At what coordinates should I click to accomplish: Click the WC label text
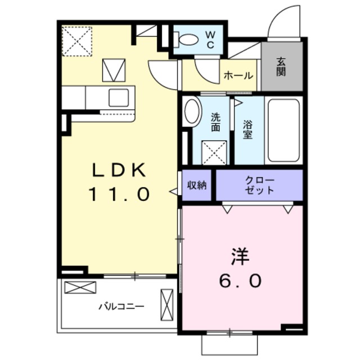210,40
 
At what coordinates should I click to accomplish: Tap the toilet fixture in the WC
186,39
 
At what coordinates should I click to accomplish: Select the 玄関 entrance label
281,67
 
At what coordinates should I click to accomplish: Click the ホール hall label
238,75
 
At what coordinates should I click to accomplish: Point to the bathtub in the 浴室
283,130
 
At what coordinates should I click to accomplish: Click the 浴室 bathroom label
248,130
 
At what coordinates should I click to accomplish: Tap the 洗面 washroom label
215,123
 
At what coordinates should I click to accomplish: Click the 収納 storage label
197,185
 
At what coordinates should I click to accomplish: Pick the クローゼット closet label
260,185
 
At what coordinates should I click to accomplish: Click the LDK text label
119,170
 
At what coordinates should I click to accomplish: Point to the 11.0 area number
119,194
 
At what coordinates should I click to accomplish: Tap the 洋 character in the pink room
240,256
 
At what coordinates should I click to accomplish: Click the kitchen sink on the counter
119,97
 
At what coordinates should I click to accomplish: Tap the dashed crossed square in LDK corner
77,41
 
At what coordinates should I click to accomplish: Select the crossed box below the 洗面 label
214,152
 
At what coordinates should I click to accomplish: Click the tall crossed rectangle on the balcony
167,305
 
